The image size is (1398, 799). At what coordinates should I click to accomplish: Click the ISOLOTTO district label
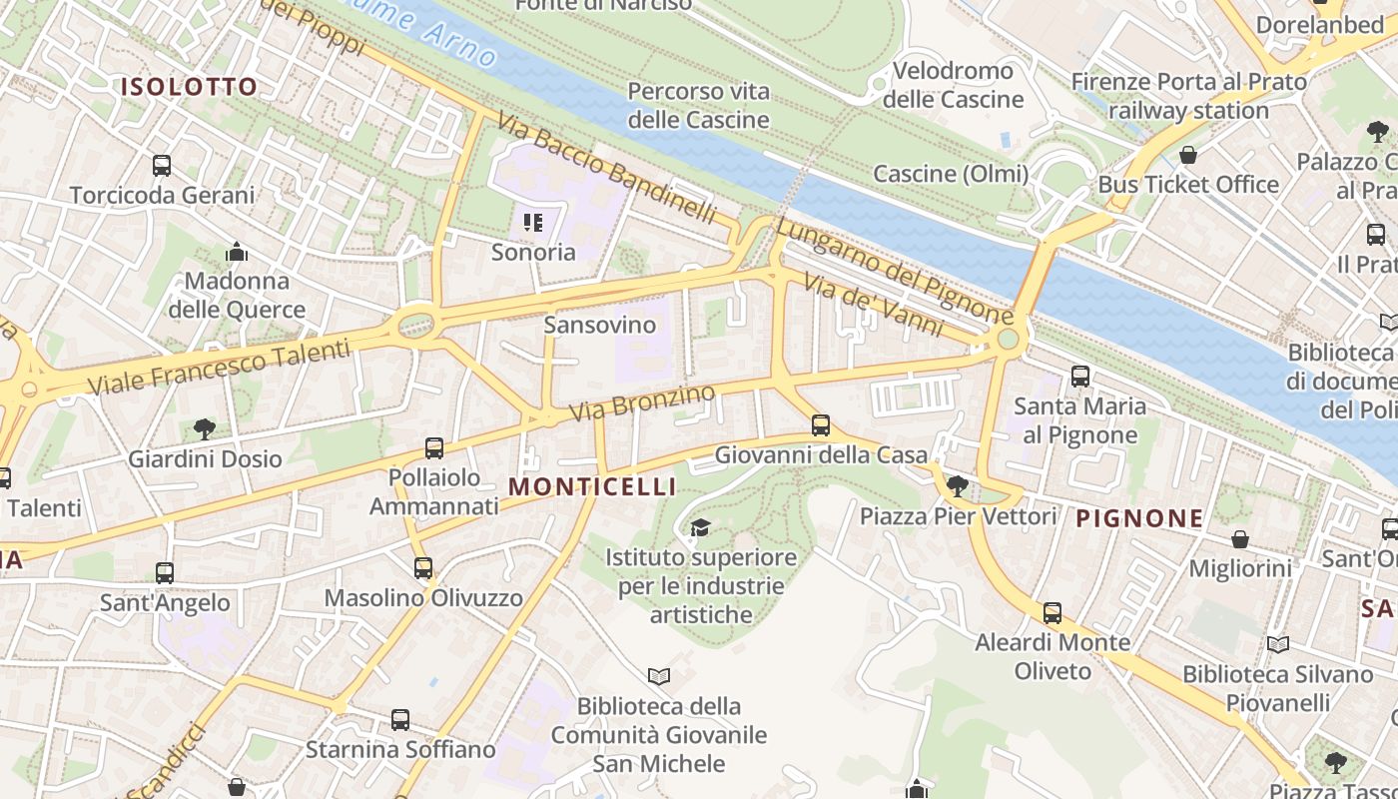[189, 87]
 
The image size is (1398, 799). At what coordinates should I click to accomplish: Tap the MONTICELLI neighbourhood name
[592, 486]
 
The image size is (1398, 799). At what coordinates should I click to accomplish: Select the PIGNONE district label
[1139, 517]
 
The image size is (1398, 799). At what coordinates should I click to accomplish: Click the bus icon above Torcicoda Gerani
[162, 166]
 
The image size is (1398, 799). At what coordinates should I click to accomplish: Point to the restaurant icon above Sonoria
[533, 223]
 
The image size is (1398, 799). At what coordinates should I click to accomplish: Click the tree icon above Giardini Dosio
[205, 429]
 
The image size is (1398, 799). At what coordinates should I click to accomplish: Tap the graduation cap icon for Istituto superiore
[700, 527]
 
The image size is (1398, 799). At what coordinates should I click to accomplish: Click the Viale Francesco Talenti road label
[219, 367]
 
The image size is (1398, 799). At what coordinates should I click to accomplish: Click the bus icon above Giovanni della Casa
[821, 425]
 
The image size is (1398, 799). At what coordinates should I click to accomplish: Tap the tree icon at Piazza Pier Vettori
[958, 486]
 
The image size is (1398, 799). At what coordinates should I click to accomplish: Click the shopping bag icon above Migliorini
[1239, 539]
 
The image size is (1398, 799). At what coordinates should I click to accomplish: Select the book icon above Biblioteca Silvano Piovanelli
[1278, 645]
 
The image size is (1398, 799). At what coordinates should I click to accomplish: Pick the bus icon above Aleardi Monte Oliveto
[1052, 613]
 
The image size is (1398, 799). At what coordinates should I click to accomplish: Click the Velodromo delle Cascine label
[954, 85]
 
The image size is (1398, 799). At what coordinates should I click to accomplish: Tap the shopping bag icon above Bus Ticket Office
[1187, 155]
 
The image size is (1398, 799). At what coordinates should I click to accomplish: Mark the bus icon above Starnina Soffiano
[400, 719]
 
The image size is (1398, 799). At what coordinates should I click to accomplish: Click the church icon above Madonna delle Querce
[237, 252]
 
